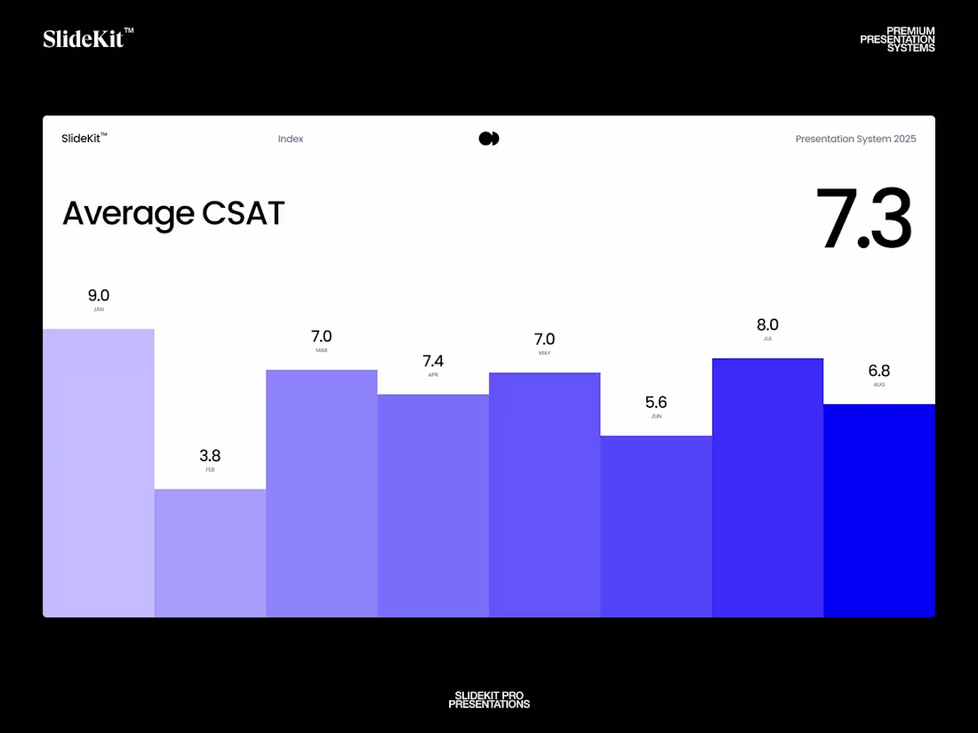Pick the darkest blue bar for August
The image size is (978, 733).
coord(878,510)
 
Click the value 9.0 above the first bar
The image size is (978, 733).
coord(98,296)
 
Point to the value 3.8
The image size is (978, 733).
coord(210,456)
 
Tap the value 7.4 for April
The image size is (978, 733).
coord(433,361)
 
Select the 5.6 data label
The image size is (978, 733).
coord(656,402)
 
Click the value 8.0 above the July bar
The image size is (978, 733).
coord(767,325)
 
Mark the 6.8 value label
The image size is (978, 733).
coord(878,370)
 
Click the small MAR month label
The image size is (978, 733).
coord(321,351)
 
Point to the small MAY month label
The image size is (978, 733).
coord(544,354)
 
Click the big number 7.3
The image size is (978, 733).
coord(863,219)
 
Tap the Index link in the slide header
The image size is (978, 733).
coord(290,139)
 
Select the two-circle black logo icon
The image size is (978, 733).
coord(489,139)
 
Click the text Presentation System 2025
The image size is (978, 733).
coord(855,139)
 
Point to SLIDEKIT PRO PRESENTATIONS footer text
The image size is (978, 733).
coord(489,700)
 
